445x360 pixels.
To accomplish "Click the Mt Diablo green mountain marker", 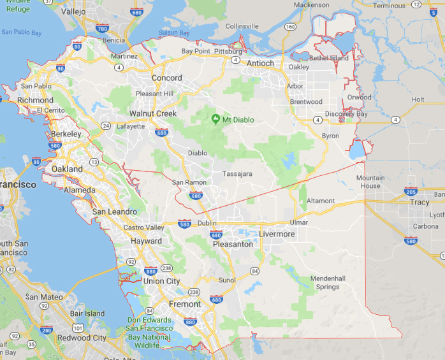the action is tap(215, 119).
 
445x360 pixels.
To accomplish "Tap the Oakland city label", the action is tap(67, 169).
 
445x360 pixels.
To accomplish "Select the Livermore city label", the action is tap(277, 234).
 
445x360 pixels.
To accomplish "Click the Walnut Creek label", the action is tap(153, 113).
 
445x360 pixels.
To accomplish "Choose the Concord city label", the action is tap(166, 78).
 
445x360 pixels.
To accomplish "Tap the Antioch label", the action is tap(260, 63).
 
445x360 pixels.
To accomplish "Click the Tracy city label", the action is tap(419, 202).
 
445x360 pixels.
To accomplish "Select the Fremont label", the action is tap(185, 305).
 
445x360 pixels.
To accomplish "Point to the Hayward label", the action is tap(146, 241).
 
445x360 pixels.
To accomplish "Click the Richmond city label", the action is tap(36, 100).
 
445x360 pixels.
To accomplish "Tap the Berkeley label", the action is tap(66, 134).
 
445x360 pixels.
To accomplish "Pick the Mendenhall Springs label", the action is tap(328, 283).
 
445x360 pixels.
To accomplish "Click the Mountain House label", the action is tap(370, 182).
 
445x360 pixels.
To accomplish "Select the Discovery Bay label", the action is tap(347, 114).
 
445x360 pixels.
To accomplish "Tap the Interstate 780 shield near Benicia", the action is tap(103, 29).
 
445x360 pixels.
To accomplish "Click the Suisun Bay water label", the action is tap(174, 32).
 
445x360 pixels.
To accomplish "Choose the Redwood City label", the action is tap(82, 338).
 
